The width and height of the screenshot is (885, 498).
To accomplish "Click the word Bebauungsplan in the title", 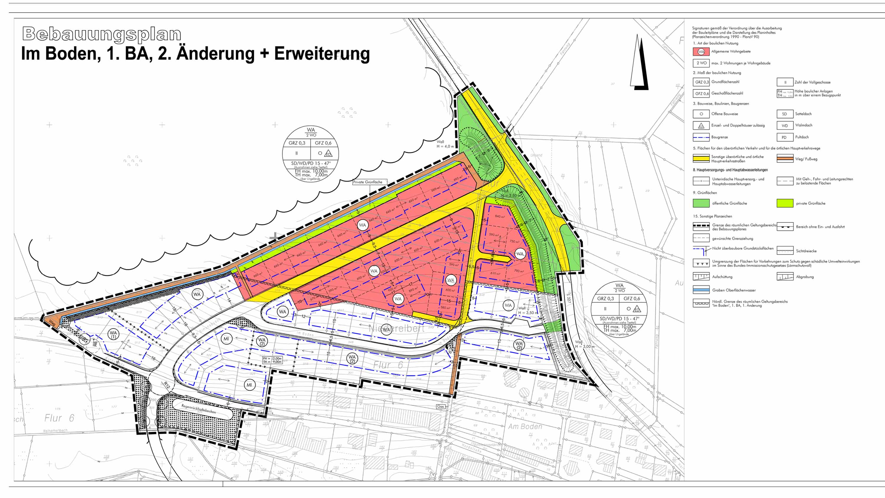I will (x=102, y=34).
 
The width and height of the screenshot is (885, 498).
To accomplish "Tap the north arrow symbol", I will (x=639, y=64).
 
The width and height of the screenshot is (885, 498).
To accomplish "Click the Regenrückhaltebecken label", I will (x=199, y=409).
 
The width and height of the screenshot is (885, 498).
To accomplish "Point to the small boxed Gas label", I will (x=440, y=407).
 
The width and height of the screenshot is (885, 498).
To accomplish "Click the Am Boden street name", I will (x=525, y=427).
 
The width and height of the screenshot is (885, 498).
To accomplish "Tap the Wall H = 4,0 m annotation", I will (x=445, y=144).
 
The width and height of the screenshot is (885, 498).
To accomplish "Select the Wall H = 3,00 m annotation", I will (x=584, y=344).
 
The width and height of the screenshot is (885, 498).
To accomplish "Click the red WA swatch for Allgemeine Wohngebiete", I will (x=701, y=52).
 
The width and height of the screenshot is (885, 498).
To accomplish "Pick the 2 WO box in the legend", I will (x=701, y=63).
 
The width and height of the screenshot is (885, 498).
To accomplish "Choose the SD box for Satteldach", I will (x=785, y=114).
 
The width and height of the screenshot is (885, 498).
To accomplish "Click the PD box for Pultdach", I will (x=785, y=137).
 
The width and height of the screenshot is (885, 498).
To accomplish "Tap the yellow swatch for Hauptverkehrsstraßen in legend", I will (x=701, y=159).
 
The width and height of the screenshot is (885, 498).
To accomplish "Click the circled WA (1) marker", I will (x=113, y=334).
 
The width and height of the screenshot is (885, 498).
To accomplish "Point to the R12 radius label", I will (x=167, y=385).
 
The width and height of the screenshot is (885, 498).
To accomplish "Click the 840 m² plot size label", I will (x=499, y=217).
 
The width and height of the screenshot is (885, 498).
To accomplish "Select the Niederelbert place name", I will (x=397, y=329).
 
